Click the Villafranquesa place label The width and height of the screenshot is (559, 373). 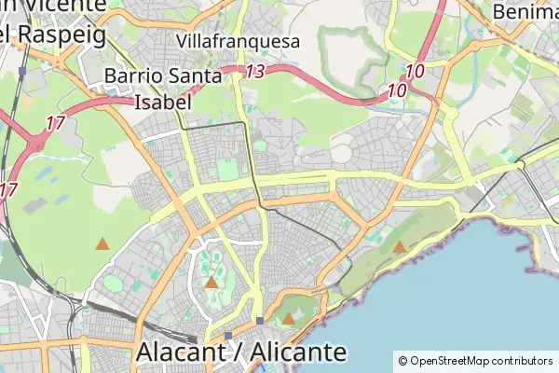tap(239, 41)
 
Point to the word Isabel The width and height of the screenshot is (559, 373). tap(165, 101)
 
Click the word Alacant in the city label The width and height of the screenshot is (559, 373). tap(186, 353)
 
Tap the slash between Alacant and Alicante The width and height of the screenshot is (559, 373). tap(240, 353)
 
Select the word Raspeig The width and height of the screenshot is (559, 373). tap(58, 34)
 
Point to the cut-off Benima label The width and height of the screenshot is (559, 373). tap(525, 12)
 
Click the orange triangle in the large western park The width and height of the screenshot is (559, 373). tap(102, 243)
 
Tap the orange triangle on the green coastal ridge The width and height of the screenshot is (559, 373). tap(399, 247)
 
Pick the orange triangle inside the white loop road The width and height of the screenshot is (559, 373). tap(211, 282)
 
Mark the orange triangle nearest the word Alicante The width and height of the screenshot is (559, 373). tap(289, 319)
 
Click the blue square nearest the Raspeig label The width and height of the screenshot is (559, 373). tap(21, 71)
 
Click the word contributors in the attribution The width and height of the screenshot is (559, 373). tap(522, 360)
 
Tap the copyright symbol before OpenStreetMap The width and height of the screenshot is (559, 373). tap(402, 360)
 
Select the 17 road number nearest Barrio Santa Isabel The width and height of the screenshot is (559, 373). tap(55, 122)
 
